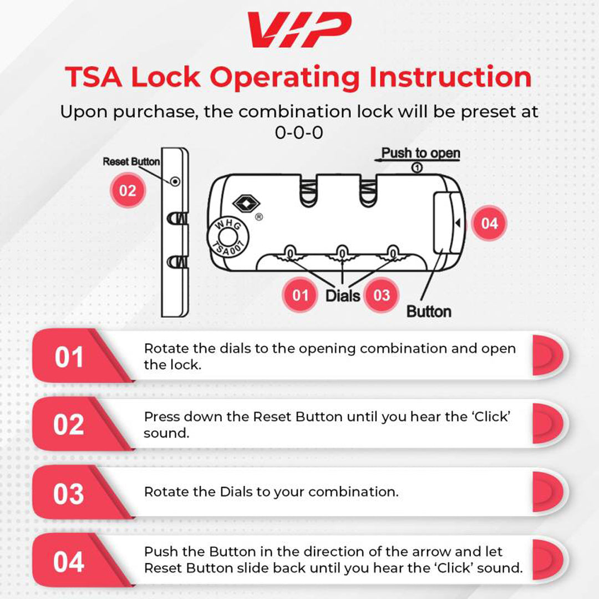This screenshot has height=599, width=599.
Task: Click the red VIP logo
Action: pos(299,29)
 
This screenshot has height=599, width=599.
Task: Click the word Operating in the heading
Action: pos(284,78)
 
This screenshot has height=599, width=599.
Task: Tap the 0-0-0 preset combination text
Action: pos(299,133)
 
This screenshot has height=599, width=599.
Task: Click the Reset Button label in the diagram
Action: pos(131,161)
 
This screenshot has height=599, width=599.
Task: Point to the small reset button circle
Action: pos(175,181)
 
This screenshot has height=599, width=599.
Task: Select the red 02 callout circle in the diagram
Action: pos(128,190)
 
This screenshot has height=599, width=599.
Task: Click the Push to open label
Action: pos(420,153)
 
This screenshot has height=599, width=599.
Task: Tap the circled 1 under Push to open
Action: pos(417,167)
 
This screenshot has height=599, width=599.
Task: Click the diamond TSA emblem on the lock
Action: pos(246,203)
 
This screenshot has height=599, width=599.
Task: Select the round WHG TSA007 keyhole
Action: pos(228,237)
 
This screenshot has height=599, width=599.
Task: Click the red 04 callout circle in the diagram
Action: pos(489,223)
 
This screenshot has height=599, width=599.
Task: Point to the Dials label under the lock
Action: pos(343,296)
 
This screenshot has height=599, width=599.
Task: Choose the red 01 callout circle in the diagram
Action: pos(300,295)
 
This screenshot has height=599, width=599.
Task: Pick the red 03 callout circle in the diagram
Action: pos(381,295)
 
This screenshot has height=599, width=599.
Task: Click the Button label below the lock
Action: pos(429,311)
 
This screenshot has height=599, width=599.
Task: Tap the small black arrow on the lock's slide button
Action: pos(458,223)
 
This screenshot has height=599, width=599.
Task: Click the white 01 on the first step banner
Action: pos(69,357)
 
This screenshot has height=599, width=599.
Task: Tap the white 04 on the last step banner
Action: pos(69,561)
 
